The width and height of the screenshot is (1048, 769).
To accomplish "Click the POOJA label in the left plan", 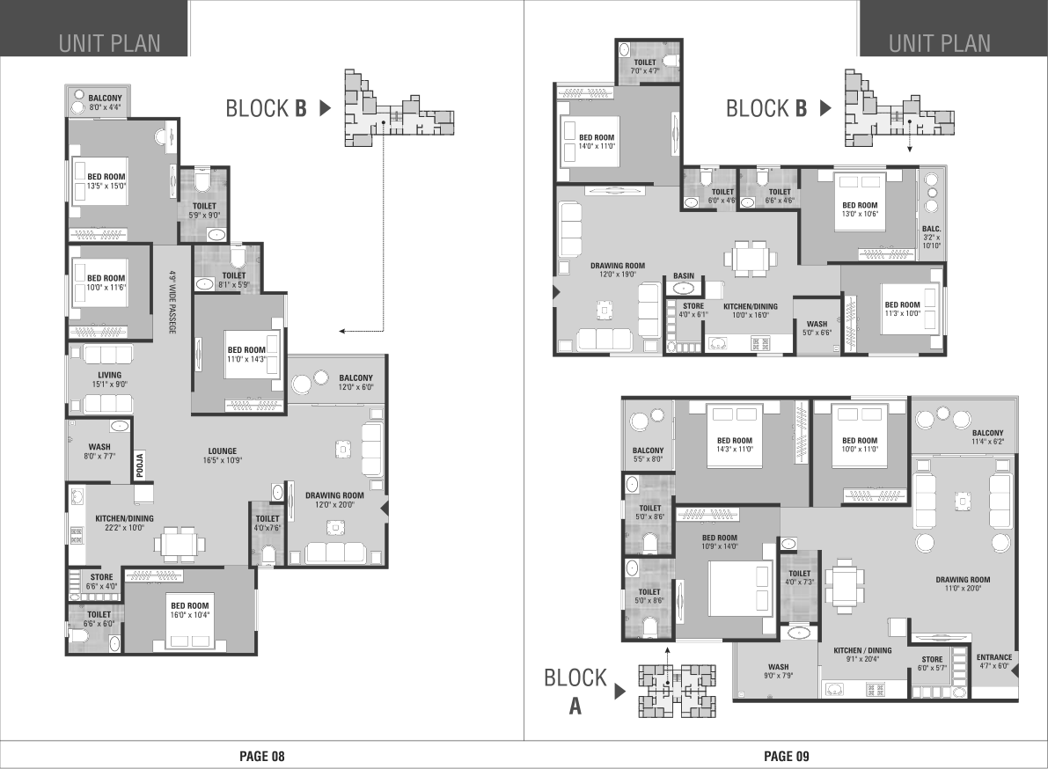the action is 140,465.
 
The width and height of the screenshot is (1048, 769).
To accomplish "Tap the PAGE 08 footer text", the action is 262,757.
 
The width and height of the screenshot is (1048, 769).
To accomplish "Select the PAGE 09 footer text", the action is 787,757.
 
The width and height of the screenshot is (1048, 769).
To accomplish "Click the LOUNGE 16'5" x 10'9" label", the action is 223,456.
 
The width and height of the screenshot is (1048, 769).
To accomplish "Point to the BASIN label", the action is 684,276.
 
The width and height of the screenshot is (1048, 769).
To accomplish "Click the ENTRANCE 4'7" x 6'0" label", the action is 994,662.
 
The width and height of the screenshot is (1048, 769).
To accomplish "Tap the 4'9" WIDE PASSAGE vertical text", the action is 172,302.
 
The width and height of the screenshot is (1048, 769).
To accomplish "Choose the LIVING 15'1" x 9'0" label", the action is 110,379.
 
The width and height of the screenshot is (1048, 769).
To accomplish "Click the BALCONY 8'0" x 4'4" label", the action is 105,102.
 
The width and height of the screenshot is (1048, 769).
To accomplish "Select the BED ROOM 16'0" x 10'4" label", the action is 190,611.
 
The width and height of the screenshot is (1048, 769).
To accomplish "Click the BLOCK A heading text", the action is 575,692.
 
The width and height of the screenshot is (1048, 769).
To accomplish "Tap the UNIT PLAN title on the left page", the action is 110,43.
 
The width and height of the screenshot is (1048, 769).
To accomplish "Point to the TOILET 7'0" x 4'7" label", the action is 645,66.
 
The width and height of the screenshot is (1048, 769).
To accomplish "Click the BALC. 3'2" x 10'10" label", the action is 932,238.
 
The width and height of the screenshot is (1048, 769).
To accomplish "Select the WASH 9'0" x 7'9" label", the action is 779,670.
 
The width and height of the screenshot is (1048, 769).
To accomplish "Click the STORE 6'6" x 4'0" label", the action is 101,582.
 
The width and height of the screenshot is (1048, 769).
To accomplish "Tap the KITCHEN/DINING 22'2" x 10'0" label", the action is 124,524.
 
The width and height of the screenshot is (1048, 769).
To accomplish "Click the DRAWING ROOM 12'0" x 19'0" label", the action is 618,270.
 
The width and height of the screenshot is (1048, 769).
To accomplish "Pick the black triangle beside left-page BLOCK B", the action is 326,107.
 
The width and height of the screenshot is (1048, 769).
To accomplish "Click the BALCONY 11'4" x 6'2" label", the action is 988,437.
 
